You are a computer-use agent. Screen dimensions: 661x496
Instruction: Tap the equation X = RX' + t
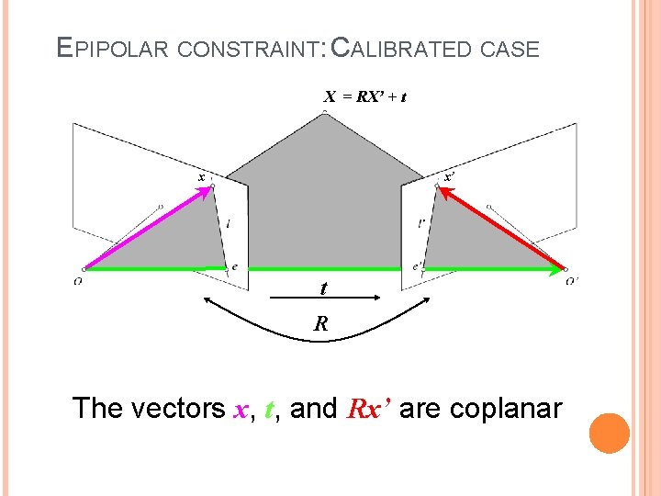(364, 96)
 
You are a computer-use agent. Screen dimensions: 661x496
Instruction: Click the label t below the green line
(323, 288)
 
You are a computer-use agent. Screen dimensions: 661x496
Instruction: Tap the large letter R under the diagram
(320, 323)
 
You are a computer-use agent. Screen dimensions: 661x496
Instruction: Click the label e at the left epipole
(234, 266)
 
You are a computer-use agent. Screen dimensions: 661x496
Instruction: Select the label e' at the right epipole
(418, 266)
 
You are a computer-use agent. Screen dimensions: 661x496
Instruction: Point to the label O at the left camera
(78, 281)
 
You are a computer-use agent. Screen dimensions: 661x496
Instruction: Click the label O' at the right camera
(572, 281)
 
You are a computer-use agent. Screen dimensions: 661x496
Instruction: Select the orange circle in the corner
(609, 432)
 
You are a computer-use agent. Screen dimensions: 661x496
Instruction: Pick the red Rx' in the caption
(369, 408)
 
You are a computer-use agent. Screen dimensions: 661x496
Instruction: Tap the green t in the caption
(269, 409)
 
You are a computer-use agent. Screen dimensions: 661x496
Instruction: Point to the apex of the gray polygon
(324, 113)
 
